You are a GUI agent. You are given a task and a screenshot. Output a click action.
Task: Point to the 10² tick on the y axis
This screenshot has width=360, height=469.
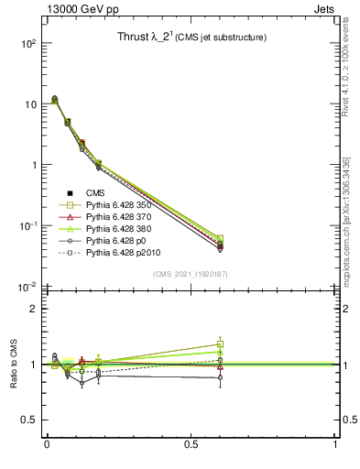(x=27, y=44)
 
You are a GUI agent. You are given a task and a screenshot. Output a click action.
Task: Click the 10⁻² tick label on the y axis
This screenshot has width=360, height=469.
(x=27, y=287)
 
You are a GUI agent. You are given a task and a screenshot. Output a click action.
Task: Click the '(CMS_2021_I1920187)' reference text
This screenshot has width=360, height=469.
(x=191, y=273)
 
